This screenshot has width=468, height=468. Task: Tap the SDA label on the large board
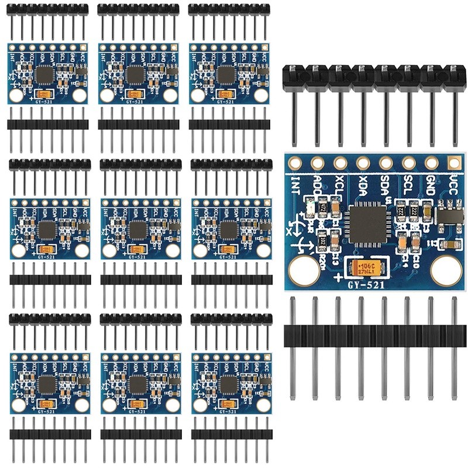tap(386, 185)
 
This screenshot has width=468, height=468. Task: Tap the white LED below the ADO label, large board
tap(311, 207)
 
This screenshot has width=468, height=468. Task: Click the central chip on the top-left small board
tap(45, 74)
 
